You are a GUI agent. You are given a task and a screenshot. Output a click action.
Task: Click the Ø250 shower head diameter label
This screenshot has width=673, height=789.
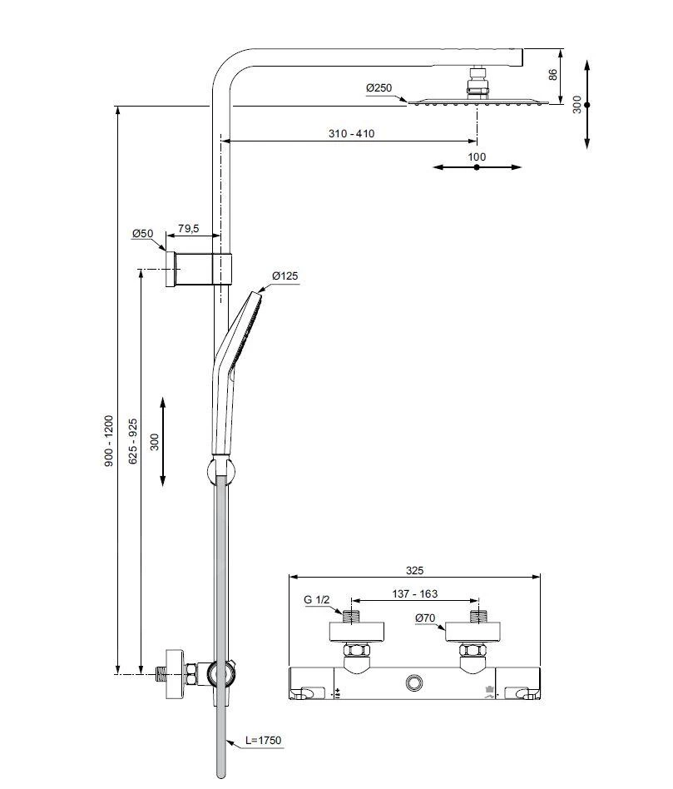coord(378,88)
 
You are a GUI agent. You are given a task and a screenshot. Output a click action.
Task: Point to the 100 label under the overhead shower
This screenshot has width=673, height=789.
coord(477,156)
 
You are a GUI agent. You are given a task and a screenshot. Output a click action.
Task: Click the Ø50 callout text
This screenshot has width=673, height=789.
coord(142,234)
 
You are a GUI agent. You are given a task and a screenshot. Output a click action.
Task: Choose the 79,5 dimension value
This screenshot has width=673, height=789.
coord(189,228)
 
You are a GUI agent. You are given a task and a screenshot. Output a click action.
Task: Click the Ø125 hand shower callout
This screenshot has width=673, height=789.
coord(285,276)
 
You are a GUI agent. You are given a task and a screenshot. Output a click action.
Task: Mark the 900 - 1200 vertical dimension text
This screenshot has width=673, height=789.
coord(109,441)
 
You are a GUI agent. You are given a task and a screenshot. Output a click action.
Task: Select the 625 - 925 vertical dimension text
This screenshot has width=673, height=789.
coord(134,441)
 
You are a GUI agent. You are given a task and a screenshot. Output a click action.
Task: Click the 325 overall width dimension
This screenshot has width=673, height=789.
coord(414,570)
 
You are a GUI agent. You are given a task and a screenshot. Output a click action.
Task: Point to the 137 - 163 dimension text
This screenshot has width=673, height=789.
coord(413,594)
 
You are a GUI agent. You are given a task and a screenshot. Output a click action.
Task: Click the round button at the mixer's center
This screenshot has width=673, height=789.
coord(414,683)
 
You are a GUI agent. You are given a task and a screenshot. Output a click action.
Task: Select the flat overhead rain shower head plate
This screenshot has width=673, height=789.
coord(478,102)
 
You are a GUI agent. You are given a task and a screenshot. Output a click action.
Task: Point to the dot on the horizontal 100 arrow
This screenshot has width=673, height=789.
coord(477,167)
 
